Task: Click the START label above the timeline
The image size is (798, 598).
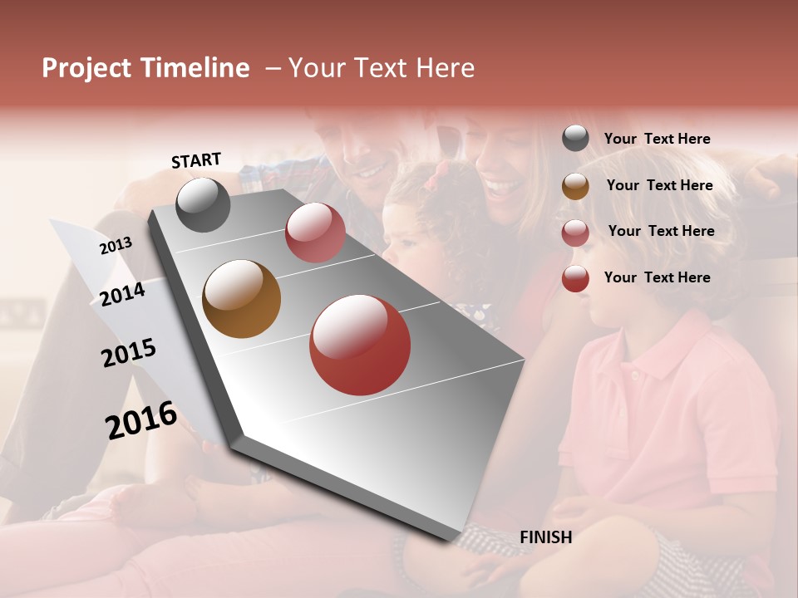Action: coord(196,160)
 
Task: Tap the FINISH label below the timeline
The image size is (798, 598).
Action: coord(545,537)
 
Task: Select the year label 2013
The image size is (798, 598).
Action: coord(116,246)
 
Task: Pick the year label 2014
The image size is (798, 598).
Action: coord(123,294)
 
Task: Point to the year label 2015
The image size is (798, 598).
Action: coord(129,353)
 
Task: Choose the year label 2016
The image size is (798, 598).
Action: coord(141,419)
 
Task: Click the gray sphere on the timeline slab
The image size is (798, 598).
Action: coord(203,204)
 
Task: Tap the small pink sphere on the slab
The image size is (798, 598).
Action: coord(315,233)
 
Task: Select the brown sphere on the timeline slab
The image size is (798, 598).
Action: coord(241,299)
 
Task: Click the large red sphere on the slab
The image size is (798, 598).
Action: coord(360,345)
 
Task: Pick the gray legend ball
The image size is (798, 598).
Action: coord(575,139)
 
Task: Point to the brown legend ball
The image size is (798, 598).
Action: coord(575,185)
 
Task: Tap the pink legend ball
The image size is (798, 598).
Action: coord(575,232)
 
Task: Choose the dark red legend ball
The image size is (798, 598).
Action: coord(575,278)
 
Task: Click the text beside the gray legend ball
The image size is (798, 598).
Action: coord(657,140)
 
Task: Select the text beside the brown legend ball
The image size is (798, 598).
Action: coord(659,185)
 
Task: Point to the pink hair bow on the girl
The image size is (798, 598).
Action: coord(440,172)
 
